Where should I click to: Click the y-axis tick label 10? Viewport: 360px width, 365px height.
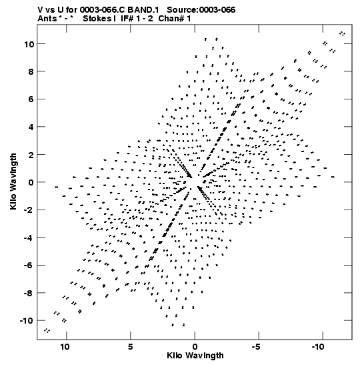tap(29, 44)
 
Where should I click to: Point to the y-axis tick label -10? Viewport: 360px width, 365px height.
tap(27, 321)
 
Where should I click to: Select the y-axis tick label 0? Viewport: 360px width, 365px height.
tap(31, 182)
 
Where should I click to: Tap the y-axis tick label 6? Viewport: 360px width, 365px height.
tap(31, 99)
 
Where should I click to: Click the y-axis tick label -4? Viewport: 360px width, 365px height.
tap(29, 238)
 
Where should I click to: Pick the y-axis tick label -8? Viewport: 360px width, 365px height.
tap(29, 293)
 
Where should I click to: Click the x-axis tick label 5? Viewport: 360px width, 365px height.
tap(131, 347)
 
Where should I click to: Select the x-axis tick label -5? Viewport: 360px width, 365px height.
tap(257, 347)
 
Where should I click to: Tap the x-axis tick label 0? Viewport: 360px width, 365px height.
tap(195, 347)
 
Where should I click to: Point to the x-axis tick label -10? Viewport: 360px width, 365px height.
tap(319, 347)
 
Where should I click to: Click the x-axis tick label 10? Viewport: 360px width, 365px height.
tap(65, 347)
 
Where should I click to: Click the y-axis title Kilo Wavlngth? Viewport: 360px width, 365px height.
tap(13, 181)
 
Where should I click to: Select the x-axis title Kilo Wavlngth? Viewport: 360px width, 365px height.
tap(195, 356)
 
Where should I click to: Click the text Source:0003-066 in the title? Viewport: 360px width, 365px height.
tap(201, 10)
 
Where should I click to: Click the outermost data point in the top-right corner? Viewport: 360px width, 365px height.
tap(342, 34)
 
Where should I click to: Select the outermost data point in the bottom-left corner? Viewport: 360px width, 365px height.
tap(47, 330)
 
